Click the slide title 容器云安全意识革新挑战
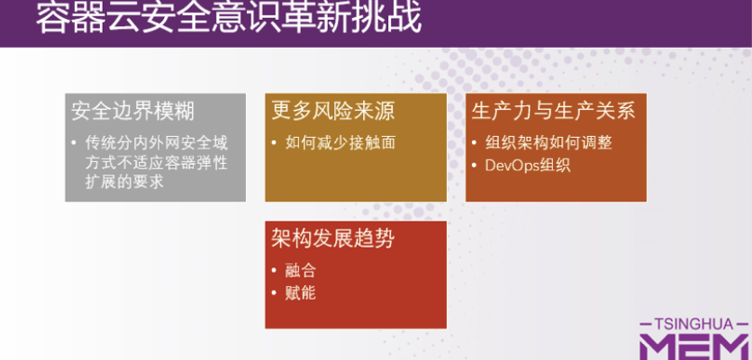[229, 18]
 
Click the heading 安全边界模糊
[132, 111]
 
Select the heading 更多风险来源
[333, 111]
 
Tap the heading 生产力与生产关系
[553, 111]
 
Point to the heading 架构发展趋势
[333, 238]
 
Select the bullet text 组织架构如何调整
[548, 142]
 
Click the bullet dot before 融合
[275, 270]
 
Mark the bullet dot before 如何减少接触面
[275, 142]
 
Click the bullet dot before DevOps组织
[475, 165]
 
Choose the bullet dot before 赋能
[275, 292]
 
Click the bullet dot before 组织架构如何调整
[475, 142]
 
